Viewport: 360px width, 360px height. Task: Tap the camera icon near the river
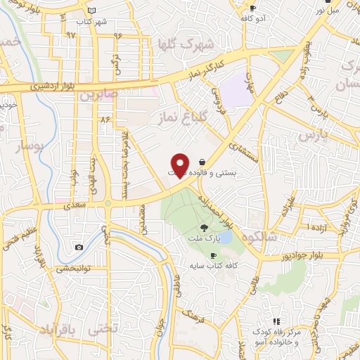(x=79, y=247)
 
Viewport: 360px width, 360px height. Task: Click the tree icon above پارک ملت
(x=204, y=227)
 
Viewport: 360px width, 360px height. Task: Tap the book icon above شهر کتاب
(x=91, y=11)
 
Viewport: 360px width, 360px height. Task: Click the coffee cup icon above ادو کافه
(x=252, y=8)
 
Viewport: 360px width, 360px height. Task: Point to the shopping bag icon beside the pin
(x=202, y=161)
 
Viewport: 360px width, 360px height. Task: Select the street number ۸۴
(x=105, y=120)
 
